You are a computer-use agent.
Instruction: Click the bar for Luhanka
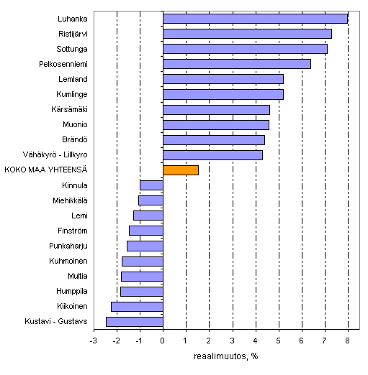255,19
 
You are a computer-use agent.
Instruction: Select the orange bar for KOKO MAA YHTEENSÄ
180,170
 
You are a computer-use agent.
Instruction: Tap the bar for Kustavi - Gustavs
135,321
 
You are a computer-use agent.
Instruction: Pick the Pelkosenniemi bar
236,64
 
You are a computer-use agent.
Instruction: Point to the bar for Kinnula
151,185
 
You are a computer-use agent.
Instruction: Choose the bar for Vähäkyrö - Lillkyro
212,155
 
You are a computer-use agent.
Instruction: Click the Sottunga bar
245,49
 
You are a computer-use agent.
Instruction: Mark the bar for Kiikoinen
137,306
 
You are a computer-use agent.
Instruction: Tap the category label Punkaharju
69,246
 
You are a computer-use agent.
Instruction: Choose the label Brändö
75,139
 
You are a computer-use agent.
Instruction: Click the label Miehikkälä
71,200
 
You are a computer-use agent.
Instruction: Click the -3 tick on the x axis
93,341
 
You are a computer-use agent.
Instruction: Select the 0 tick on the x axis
163,341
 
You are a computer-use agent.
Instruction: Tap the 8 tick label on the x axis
348,341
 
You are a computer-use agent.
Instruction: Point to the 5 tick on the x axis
279,341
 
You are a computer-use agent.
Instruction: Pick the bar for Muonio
216,125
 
